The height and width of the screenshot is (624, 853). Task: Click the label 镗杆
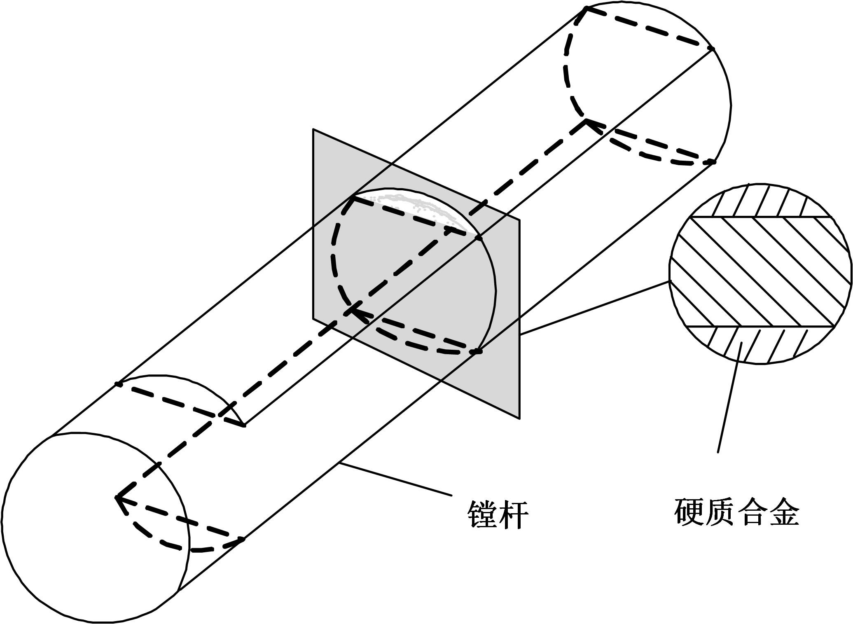coord(498,514)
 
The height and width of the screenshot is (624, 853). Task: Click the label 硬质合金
coord(737,512)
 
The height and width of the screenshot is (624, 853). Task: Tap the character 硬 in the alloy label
coord(689,512)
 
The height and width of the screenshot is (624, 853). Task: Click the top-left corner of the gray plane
coord(313,129)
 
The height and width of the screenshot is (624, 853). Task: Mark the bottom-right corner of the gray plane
coord(519,419)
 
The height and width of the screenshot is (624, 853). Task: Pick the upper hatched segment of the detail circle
coord(760,200)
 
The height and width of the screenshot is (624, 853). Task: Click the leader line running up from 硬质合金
coord(729,397)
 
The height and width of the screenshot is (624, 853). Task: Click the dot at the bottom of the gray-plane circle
coord(477,351)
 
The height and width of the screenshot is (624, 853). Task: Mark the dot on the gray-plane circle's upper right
coord(478,238)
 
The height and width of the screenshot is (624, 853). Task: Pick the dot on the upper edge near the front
coord(119,384)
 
